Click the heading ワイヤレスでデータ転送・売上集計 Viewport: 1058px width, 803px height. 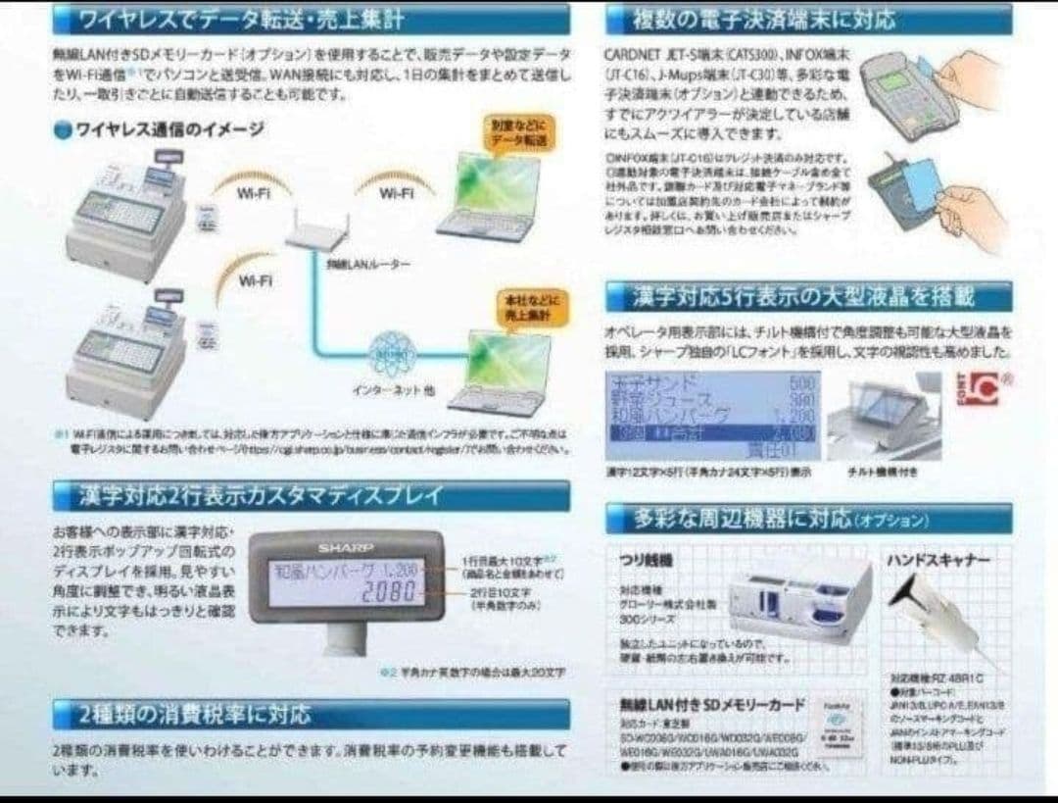tap(240, 19)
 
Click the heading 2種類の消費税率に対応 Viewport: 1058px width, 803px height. tap(196, 713)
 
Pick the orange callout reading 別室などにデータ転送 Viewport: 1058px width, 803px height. tap(519, 132)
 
